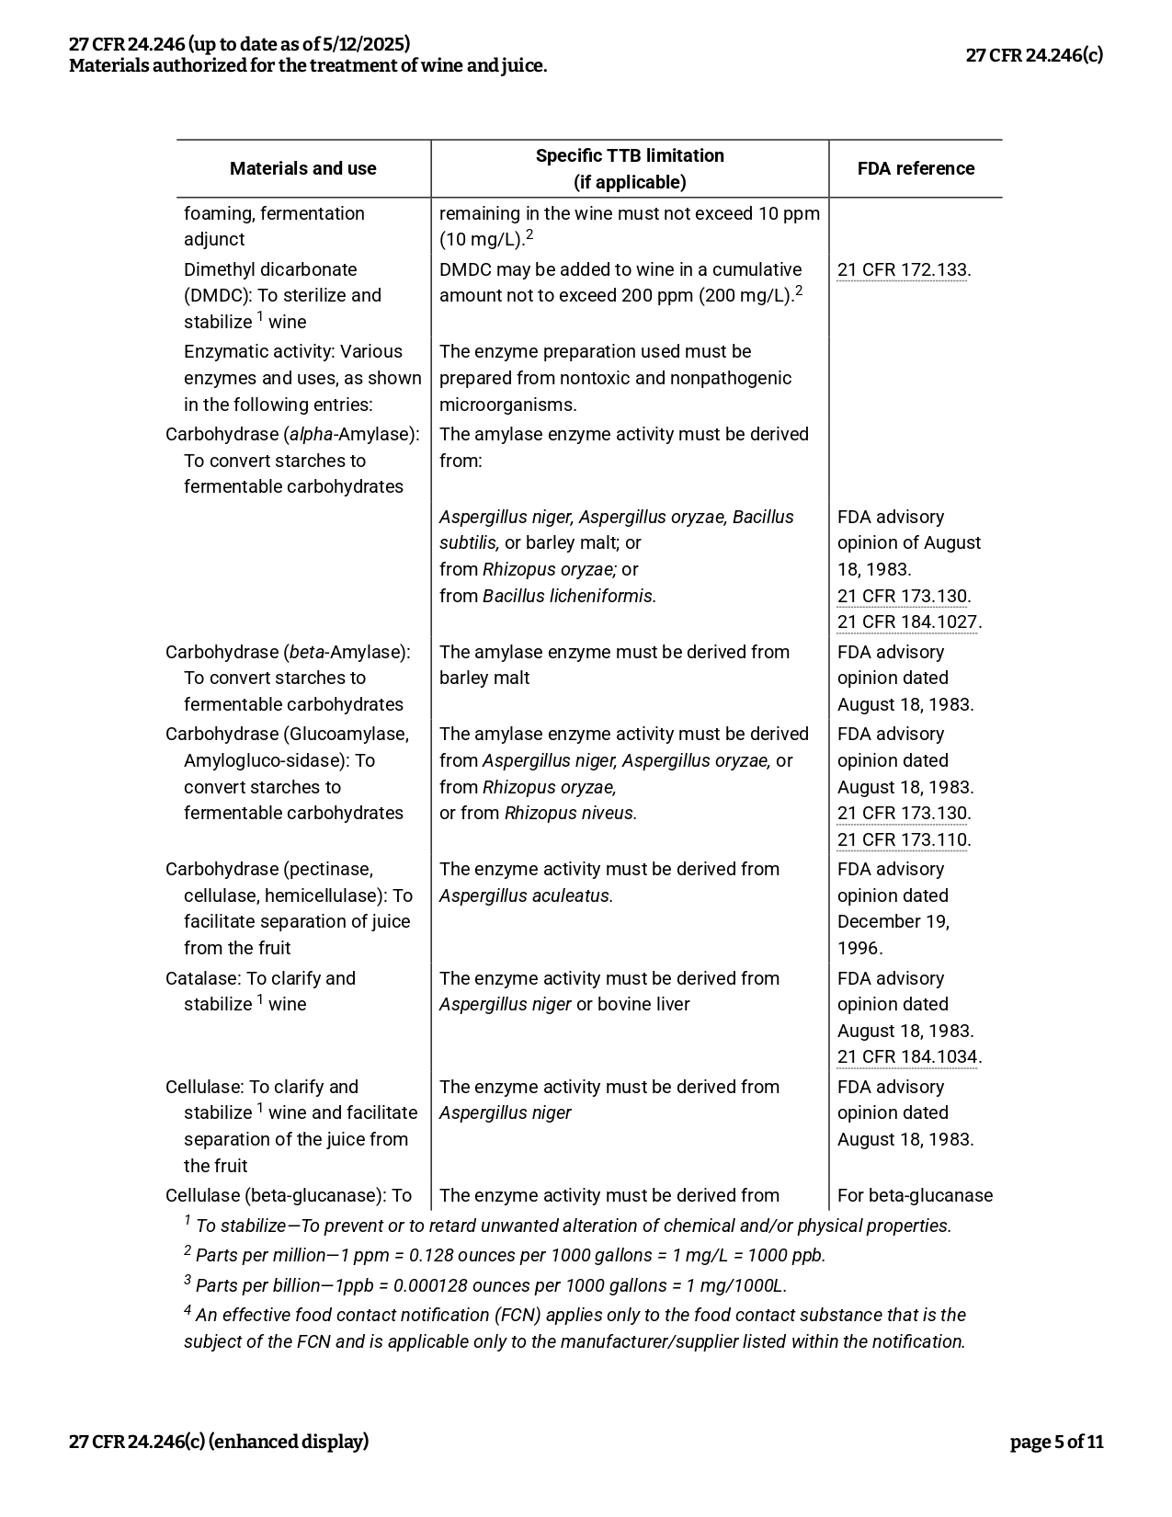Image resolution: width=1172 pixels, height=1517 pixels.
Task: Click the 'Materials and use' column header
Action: (x=302, y=168)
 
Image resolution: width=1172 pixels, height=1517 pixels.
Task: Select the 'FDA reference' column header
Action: (x=916, y=168)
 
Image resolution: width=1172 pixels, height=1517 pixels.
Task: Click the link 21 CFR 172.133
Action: (x=902, y=269)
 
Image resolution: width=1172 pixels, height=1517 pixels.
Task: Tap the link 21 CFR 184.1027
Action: (x=907, y=622)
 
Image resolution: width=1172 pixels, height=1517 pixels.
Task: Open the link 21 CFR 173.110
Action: (x=902, y=839)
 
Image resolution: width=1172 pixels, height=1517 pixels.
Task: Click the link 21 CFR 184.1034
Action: (x=907, y=1056)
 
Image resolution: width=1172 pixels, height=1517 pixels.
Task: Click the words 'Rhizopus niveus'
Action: (x=569, y=813)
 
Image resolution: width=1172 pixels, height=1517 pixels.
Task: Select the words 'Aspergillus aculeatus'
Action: (x=525, y=895)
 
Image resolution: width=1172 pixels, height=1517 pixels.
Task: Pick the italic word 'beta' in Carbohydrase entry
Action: (x=306, y=652)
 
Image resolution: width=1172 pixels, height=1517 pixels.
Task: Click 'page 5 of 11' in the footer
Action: (x=1056, y=1442)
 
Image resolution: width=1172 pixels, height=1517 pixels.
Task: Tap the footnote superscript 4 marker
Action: (x=188, y=1311)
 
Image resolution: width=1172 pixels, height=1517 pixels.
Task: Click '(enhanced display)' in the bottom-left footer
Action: (x=289, y=1442)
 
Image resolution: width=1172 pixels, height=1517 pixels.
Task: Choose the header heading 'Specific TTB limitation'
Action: (x=630, y=155)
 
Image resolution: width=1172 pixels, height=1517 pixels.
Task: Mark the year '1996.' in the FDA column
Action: (x=859, y=948)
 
